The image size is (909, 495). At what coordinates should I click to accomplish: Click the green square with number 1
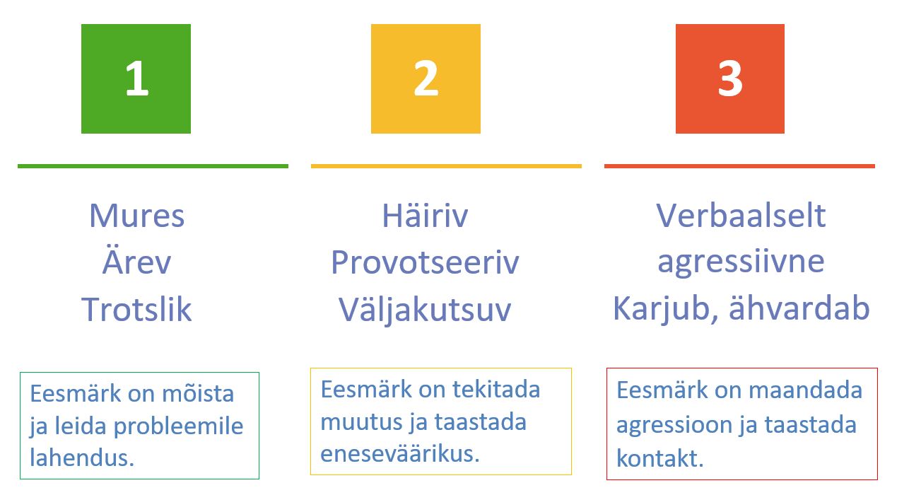tap(136, 78)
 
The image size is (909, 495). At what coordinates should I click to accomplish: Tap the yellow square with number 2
tap(426, 78)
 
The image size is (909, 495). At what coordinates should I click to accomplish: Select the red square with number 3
tap(729, 78)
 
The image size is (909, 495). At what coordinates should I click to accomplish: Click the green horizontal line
tap(153, 166)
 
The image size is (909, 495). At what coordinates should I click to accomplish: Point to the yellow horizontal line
tap(446, 166)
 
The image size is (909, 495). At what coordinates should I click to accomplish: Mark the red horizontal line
tap(739, 166)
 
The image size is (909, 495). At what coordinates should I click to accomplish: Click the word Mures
tap(136, 215)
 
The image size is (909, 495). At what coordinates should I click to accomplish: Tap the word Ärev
tap(136, 262)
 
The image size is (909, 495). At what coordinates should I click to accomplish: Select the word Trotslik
tap(136, 310)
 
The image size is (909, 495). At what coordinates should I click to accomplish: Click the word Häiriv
tap(425, 215)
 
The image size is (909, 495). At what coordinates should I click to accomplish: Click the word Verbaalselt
tap(741, 215)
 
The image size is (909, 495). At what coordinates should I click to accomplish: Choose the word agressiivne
tap(741, 262)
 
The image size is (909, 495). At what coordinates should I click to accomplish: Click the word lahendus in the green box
tap(82, 458)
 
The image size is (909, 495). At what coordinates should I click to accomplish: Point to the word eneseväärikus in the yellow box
tap(400, 453)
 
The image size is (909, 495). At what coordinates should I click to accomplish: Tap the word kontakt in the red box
tap(660, 458)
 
